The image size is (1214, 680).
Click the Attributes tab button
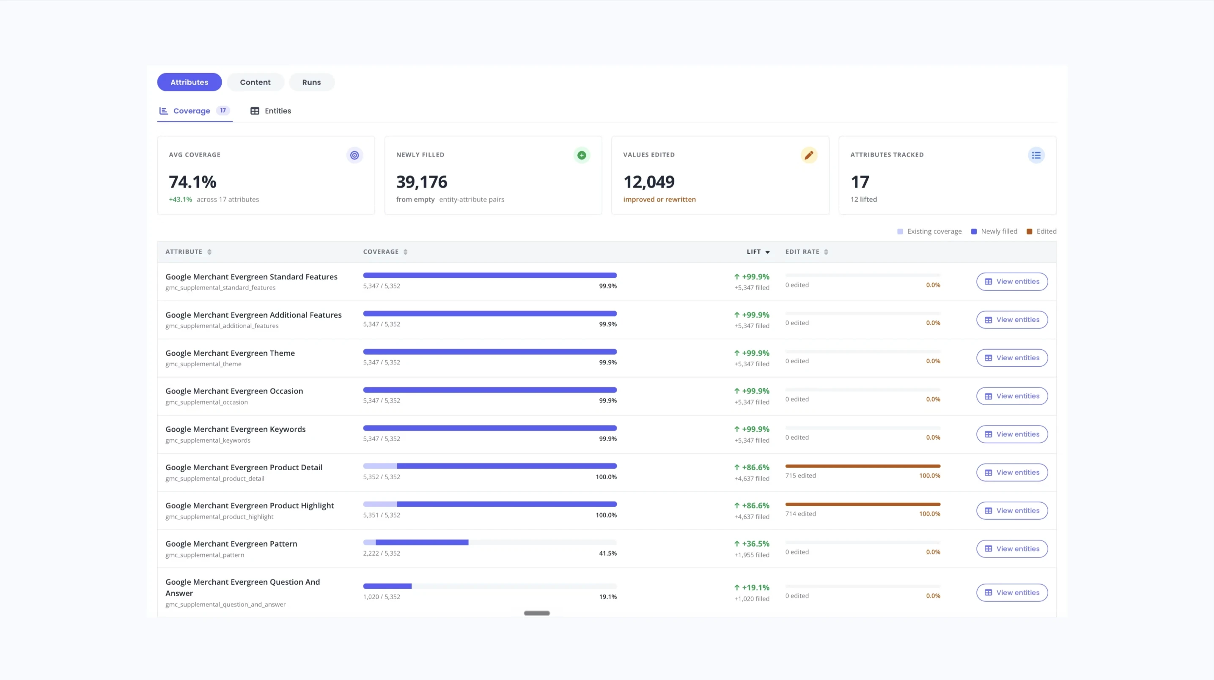pos(189,82)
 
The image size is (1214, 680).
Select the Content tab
pos(255,82)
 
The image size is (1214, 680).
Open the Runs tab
pos(311,82)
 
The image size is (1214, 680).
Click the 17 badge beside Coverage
pos(223,110)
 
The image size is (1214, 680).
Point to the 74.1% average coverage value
pos(192,182)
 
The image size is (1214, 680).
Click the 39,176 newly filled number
pos(421,182)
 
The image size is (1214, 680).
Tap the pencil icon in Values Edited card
pos(809,155)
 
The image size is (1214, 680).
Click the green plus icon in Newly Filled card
pos(582,155)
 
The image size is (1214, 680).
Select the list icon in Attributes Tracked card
pos(1036,155)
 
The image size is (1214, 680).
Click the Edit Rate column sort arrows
pos(826,252)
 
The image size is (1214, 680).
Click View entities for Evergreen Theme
pos(1012,358)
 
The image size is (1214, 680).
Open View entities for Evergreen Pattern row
pos(1012,548)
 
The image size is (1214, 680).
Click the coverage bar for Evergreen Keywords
pos(490,428)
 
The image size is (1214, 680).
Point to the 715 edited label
pos(800,475)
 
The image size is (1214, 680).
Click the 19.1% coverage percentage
pos(608,597)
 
